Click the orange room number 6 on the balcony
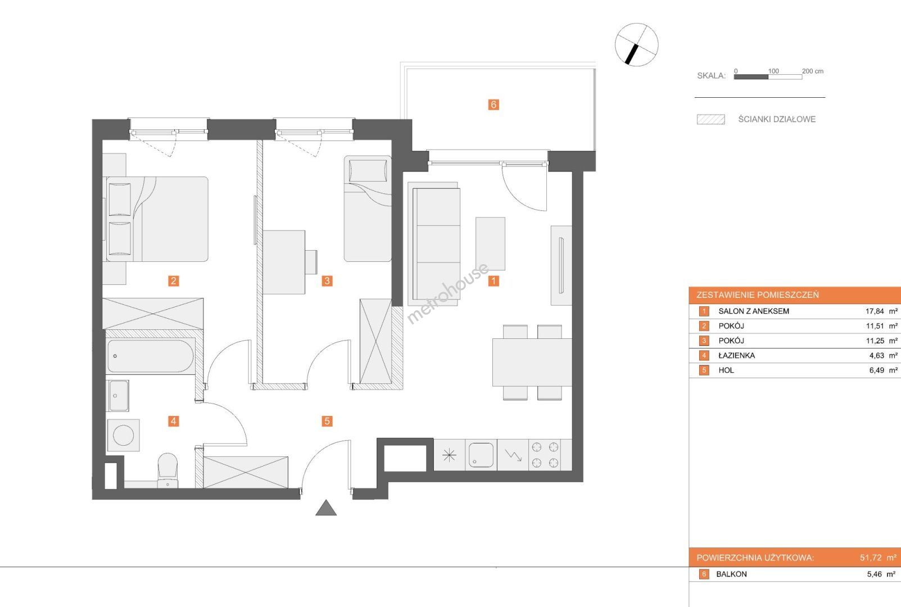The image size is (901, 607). coord(493,105)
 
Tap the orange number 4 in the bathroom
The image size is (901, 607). coord(173,421)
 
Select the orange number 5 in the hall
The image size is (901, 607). coord(327,421)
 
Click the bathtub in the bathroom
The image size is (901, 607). coord(151,356)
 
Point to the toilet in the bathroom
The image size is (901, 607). coord(167,470)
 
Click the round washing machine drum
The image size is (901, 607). coord(124,435)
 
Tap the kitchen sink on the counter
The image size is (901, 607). coord(481,455)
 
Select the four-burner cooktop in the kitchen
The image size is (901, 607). coord(545,455)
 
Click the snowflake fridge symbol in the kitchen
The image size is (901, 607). coord(449,455)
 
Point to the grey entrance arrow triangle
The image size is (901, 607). coord(326,509)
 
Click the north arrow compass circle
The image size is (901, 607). coord(637,44)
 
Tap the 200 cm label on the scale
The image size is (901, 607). coord(813,71)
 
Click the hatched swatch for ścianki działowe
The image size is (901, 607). coord(711,119)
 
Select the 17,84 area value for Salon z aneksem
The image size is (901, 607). coord(875,311)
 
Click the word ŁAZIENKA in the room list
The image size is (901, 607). coord(737,355)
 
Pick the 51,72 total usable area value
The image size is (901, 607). coord(871,558)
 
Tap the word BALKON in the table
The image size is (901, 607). coord(732,574)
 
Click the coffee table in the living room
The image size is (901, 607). coord(490,244)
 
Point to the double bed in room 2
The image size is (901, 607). coord(157,219)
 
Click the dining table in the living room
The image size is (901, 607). coord(532,363)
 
